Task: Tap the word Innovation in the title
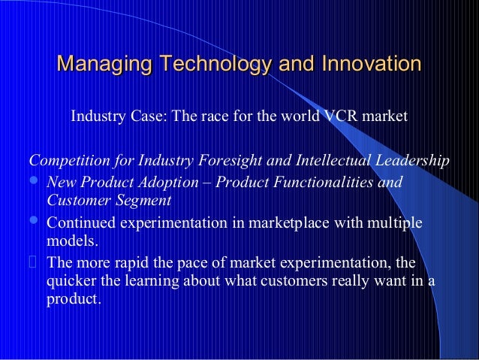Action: coord(370,64)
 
